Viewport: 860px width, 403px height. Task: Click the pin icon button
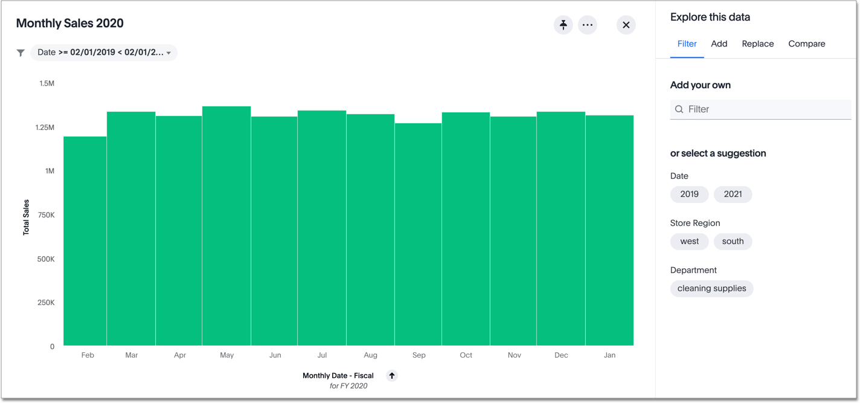click(563, 25)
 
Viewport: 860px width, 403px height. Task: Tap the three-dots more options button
click(588, 25)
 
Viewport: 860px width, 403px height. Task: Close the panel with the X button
click(626, 25)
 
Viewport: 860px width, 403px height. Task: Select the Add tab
click(719, 44)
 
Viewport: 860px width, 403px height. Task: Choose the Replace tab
click(757, 44)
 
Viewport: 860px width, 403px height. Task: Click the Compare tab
click(806, 44)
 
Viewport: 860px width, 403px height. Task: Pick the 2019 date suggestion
click(689, 194)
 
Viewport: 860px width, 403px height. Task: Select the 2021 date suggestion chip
click(733, 194)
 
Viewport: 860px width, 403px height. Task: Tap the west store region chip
click(689, 241)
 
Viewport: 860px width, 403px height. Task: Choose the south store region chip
click(733, 241)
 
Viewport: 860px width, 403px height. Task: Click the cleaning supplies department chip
click(711, 288)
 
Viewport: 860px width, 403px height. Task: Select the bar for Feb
click(85, 242)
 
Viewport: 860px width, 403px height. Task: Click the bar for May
click(226, 230)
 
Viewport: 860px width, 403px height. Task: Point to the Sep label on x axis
click(419, 355)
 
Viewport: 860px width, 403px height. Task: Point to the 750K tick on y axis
click(45, 215)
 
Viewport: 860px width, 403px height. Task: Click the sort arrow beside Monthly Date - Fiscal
click(392, 376)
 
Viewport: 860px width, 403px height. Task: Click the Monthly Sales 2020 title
click(69, 24)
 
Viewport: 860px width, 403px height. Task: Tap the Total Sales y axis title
click(26, 218)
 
